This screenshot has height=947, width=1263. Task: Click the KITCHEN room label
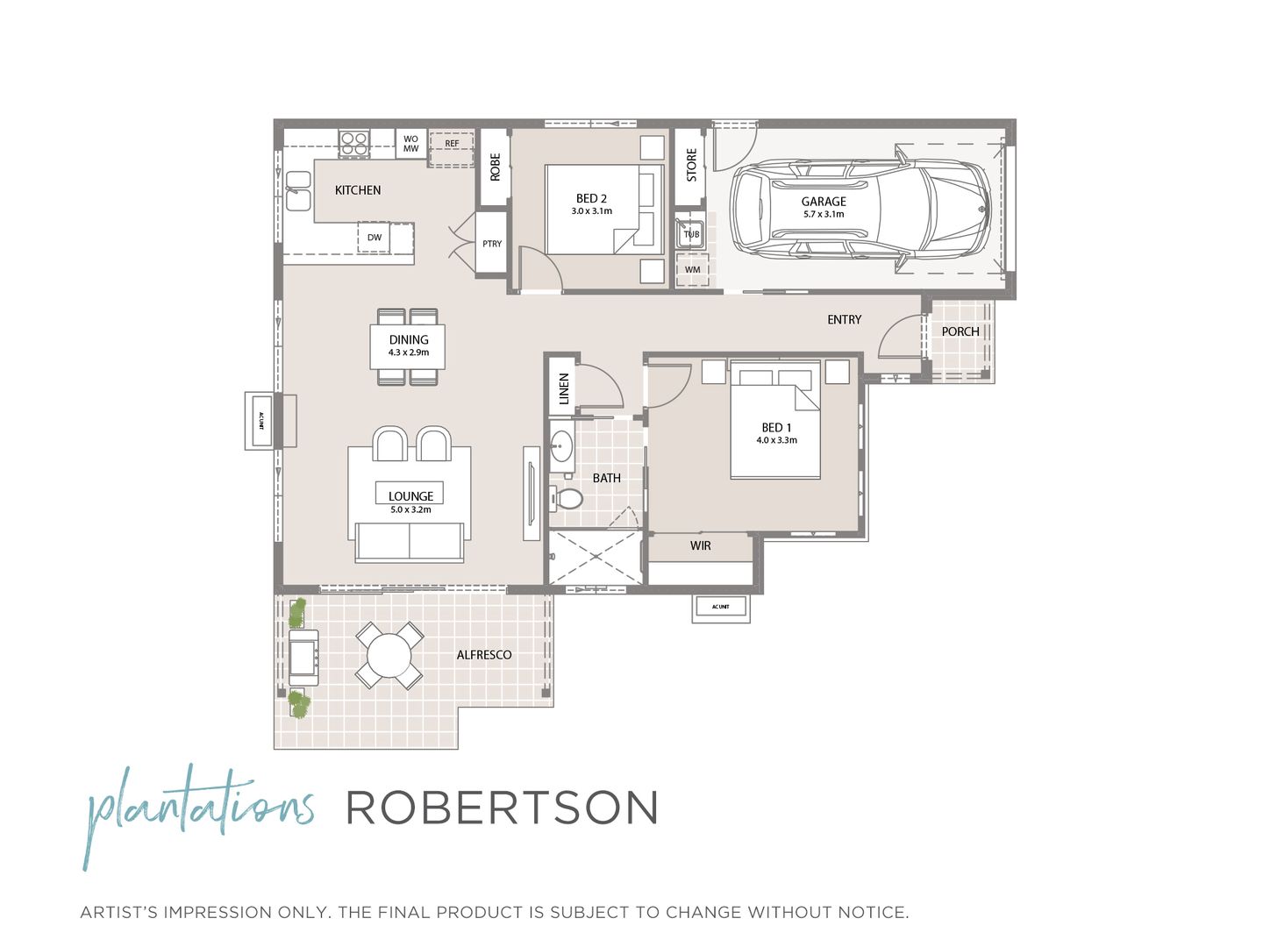358,190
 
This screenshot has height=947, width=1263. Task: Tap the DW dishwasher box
375,238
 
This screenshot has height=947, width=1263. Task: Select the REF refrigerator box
452,145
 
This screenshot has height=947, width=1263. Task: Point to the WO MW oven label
410,144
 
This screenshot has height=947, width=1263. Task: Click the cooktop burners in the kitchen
354,144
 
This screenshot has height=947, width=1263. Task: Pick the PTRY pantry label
492,244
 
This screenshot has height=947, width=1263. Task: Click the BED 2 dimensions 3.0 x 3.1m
592,211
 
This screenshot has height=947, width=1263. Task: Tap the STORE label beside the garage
691,165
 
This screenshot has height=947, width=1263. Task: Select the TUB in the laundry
691,234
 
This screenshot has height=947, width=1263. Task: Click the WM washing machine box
693,269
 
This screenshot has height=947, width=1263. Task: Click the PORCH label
960,331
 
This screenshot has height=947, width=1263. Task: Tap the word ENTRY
845,320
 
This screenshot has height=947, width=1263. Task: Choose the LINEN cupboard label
564,388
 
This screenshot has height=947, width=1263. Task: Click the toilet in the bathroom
567,499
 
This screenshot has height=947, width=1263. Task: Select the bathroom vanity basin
561,446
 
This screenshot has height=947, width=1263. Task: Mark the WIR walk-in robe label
700,545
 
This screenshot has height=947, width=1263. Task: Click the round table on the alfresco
389,655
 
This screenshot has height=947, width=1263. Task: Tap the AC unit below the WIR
720,607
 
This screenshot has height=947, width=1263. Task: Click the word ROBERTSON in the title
502,808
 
